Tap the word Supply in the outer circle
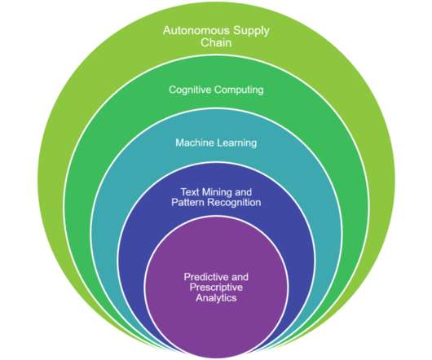(251, 31)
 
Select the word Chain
(216, 42)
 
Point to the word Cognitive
(189, 90)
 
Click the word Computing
(238, 90)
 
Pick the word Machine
(195, 143)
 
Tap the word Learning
(237, 143)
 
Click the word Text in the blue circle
(190, 192)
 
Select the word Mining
(214, 192)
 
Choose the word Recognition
(234, 203)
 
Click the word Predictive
(206, 277)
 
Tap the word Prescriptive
(216, 288)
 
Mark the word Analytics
(216, 298)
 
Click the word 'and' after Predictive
(240, 277)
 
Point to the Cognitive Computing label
(216, 90)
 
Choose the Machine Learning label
(216, 143)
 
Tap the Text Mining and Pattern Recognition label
(216, 197)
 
